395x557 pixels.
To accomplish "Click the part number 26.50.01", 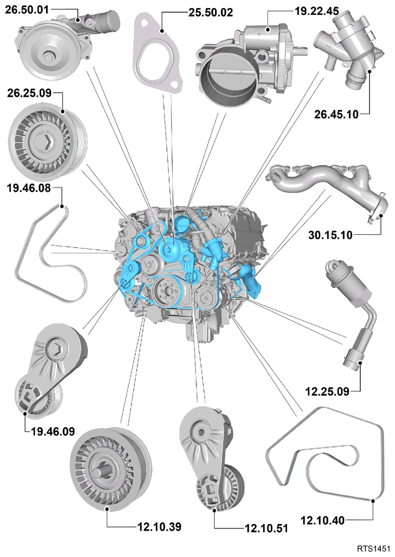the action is click(27, 9).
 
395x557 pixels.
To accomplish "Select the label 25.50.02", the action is click(211, 13).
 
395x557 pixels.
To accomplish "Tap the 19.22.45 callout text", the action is click(317, 11).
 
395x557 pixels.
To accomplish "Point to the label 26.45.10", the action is click(336, 114).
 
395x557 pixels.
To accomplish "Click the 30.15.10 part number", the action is click(330, 235).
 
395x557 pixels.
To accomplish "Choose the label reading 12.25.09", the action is click(327, 391).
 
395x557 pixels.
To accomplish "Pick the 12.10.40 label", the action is click(322, 520).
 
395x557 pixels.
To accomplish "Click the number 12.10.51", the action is click(266, 528).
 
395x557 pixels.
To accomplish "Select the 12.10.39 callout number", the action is click(160, 526).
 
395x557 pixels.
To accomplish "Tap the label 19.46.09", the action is click(53, 432).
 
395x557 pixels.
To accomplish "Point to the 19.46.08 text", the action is click(29, 188).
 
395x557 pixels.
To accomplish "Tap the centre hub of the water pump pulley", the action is click(48, 56).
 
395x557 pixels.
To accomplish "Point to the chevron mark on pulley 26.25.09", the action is click(47, 142).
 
